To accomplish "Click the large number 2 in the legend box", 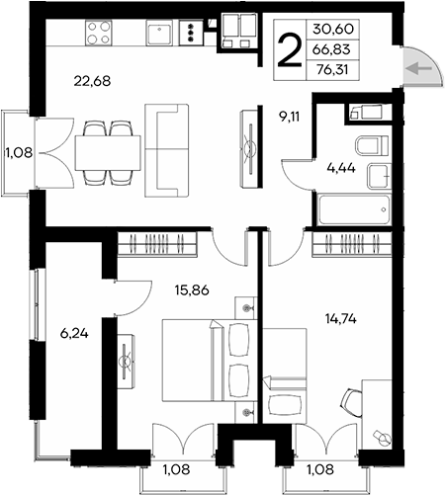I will click(289, 47).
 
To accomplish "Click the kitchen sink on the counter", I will click(158, 36).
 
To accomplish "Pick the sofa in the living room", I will click(169, 148).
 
